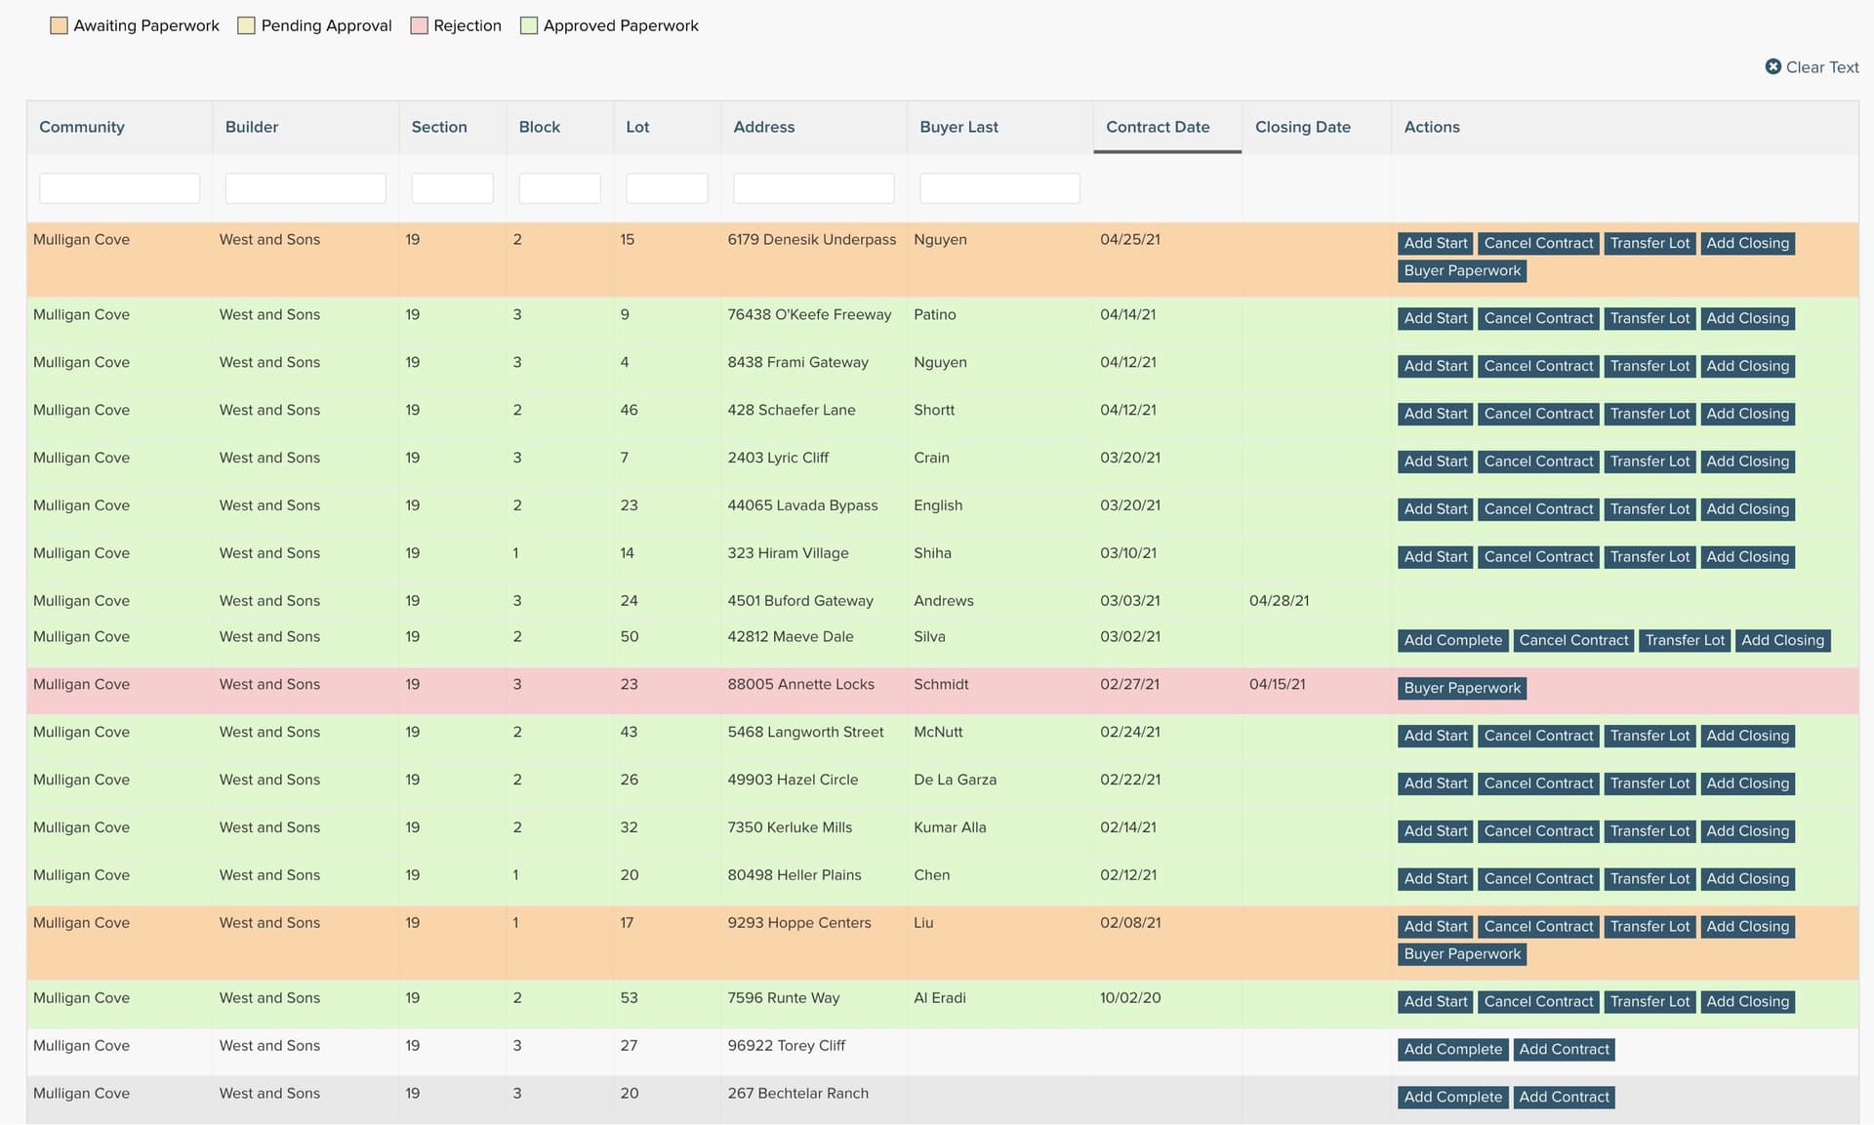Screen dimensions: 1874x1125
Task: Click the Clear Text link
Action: click(1812, 67)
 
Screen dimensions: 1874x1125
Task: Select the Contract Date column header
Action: click(1158, 127)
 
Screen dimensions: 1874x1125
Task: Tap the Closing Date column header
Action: click(1302, 127)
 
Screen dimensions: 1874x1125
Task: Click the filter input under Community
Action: click(119, 188)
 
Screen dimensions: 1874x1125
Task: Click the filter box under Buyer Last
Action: click(999, 188)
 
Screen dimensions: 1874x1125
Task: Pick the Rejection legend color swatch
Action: click(420, 25)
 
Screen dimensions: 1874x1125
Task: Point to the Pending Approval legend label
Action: click(326, 25)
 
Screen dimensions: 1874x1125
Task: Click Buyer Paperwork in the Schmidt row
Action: click(1462, 688)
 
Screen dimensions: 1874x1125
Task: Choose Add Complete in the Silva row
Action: click(1452, 640)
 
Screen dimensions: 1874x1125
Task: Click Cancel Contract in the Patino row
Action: click(1538, 318)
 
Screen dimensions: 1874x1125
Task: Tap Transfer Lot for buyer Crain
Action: click(1650, 462)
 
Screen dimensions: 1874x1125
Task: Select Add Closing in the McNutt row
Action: click(1747, 736)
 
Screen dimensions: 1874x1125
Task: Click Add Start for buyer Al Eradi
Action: click(1436, 1002)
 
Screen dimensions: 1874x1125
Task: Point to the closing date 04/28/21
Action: click(1279, 601)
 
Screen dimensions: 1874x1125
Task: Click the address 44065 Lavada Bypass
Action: click(802, 505)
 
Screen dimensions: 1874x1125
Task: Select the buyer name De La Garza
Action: click(955, 780)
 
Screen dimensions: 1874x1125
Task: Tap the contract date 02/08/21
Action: click(1130, 923)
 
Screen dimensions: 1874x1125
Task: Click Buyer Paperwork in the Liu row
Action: click(1462, 954)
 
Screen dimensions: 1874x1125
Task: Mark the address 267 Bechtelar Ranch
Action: click(797, 1094)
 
